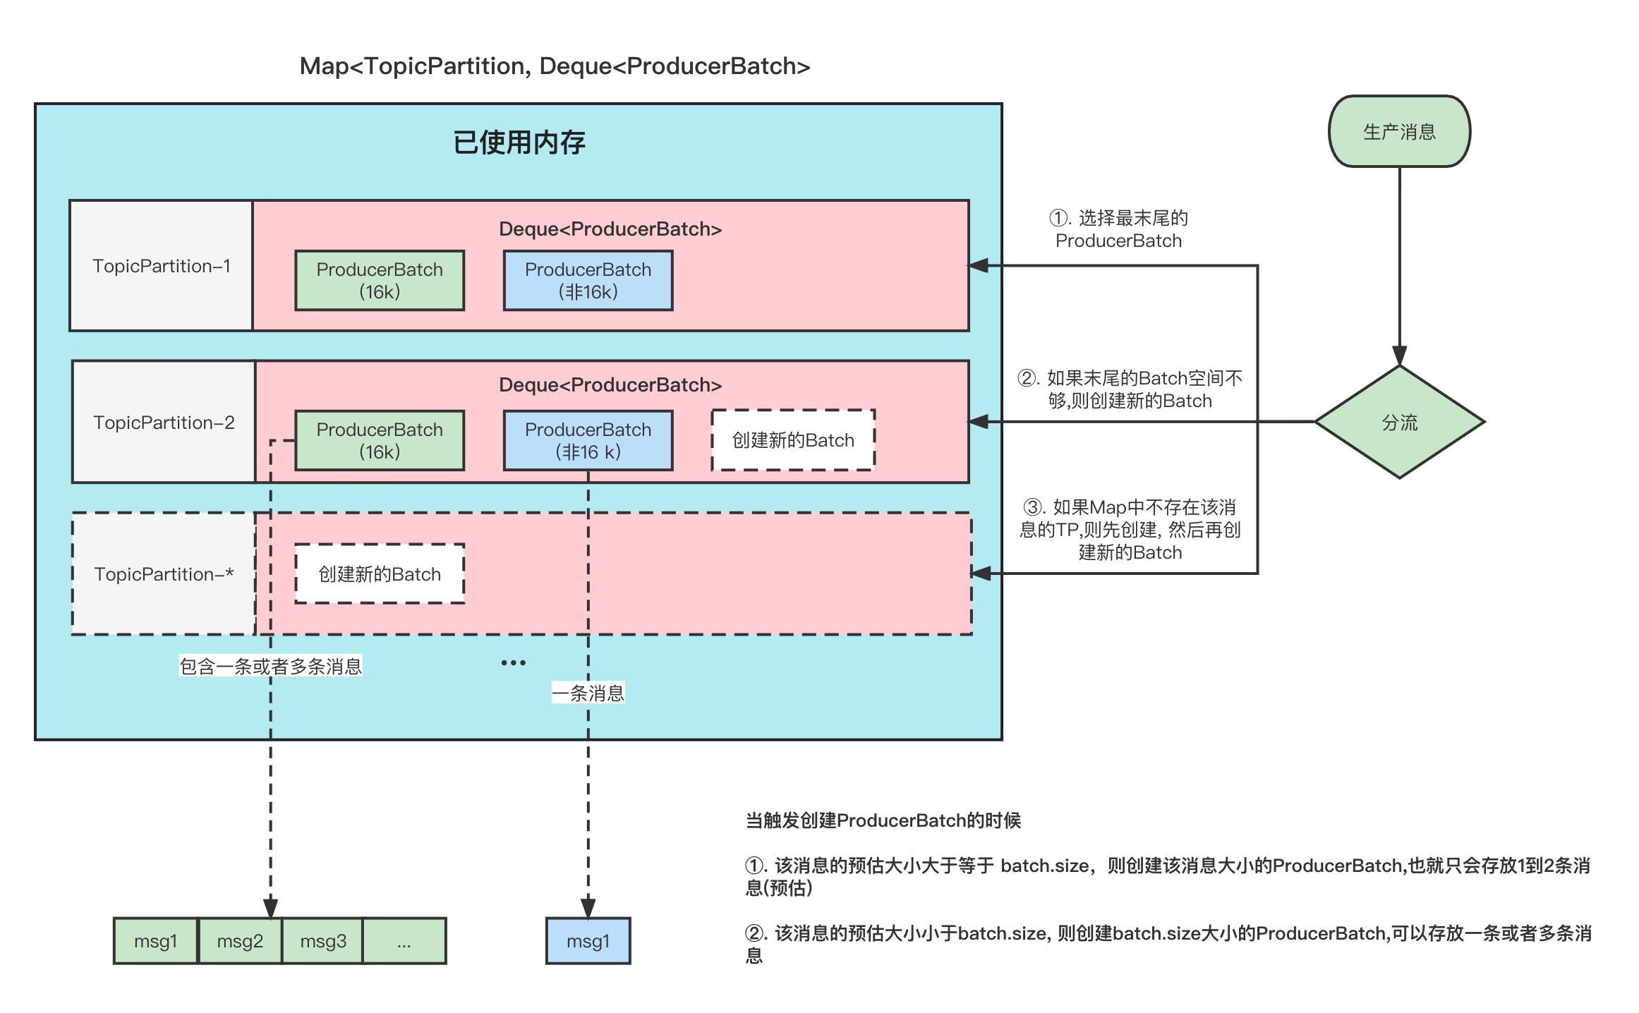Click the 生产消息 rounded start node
point(1399,132)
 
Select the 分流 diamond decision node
point(1399,422)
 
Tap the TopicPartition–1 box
point(162,266)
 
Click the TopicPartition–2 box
point(164,422)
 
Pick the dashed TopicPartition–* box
point(164,574)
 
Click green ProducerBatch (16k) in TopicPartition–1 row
point(380,280)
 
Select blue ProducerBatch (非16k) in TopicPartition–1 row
point(588,280)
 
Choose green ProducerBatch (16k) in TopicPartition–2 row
point(380,440)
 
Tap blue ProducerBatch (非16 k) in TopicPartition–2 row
point(588,440)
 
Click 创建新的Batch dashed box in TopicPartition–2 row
point(793,440)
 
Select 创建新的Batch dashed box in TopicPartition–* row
point(380,574)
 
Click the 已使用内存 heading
point(519,142)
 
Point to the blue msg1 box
point(588,941)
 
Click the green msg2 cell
point(240,941)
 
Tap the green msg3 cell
point(323,941)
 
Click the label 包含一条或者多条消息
point(270,666)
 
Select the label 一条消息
point(588,693)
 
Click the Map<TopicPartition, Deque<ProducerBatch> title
point(555,66)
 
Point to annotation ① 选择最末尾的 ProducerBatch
point(1118,229)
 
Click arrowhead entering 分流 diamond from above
point(1399,355)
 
